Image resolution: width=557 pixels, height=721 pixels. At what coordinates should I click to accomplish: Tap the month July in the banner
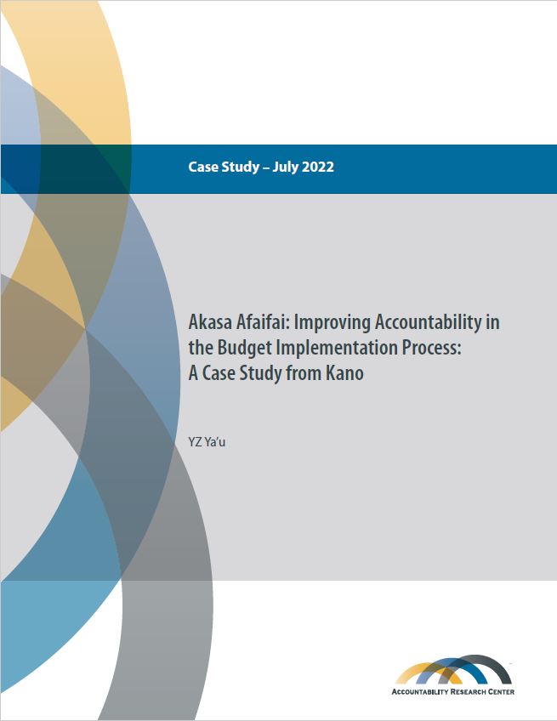285,167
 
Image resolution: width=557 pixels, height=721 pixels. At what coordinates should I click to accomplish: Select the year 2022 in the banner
318,167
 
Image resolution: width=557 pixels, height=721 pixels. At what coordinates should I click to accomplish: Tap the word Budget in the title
244,348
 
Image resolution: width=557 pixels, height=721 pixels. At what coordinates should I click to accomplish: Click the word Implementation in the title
336,348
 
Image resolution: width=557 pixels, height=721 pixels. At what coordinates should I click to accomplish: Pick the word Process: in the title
431,348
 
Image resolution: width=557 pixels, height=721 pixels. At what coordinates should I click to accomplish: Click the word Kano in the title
344,373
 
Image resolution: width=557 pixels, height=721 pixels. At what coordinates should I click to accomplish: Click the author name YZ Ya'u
207,442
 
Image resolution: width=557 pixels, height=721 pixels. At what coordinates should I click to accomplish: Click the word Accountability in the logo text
420,691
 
